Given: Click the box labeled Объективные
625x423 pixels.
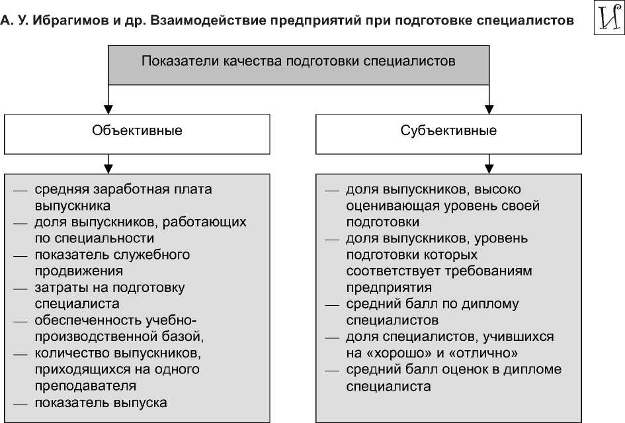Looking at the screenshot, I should [138, 130].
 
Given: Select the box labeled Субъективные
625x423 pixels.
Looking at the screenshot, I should [448, 130].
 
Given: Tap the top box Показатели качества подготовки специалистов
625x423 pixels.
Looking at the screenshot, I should [298, 62].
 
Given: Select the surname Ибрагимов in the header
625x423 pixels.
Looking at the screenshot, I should [65, 20].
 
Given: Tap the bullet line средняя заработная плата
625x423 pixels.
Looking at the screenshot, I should [123, 189].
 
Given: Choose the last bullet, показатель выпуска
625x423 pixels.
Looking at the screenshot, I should [101, 402].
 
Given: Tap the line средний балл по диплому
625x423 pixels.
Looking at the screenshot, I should [432, 305].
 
